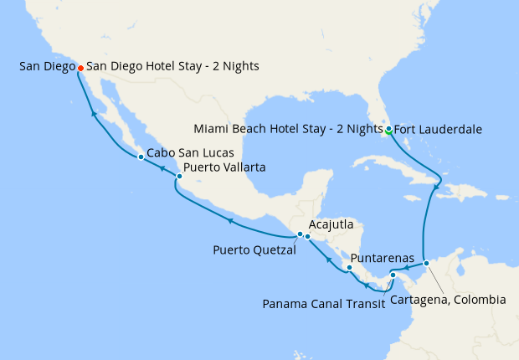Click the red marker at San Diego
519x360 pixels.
(x=80, y=68)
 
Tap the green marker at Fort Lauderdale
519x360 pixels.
(x=388, y=129)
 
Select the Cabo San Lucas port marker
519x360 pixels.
(x=140, y=156)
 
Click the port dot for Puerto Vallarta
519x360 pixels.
(x=179, y=176)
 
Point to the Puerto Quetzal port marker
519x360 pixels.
(x=300, y=234)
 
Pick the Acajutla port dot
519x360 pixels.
(x=308, y=237)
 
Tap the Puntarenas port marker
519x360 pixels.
(x=349, y=269)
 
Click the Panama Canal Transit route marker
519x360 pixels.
(x=393, y=275)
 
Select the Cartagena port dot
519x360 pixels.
(x=426, y=264)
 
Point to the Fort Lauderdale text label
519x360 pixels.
(x=435, y=130)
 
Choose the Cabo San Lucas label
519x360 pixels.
(x=184, y=154)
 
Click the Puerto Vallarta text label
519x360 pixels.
(x=224, y=168)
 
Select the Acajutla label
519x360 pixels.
(x=331, y=225)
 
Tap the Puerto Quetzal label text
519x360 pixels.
(x=254, y=249)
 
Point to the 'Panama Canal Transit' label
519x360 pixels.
(x=323, y=303)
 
